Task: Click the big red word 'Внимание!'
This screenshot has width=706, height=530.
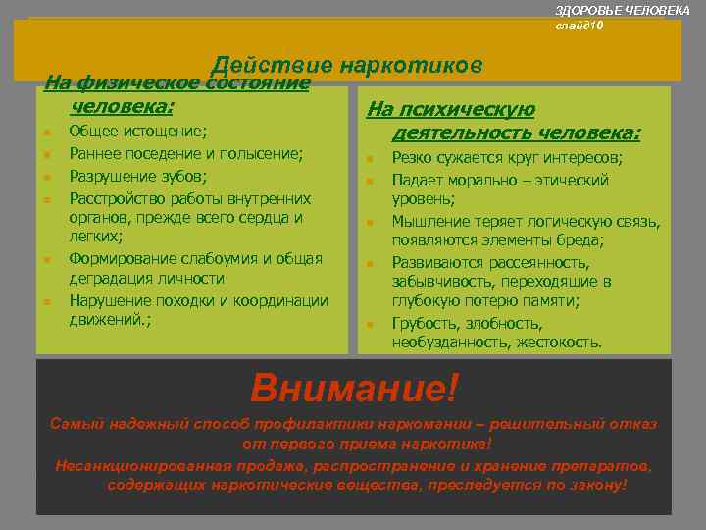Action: (x=354, y=388)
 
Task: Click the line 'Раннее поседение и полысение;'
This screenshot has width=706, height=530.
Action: (x=185, y=153)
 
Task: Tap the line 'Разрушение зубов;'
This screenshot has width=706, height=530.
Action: (x=137, y=177)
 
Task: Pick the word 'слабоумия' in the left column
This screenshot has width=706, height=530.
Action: (x=220, y=258)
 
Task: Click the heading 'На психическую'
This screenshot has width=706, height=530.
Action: (x=450, y=110)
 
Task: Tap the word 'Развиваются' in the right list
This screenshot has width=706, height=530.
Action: (x=435, y=263)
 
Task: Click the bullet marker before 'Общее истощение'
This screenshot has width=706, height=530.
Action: (x=46, y=131)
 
